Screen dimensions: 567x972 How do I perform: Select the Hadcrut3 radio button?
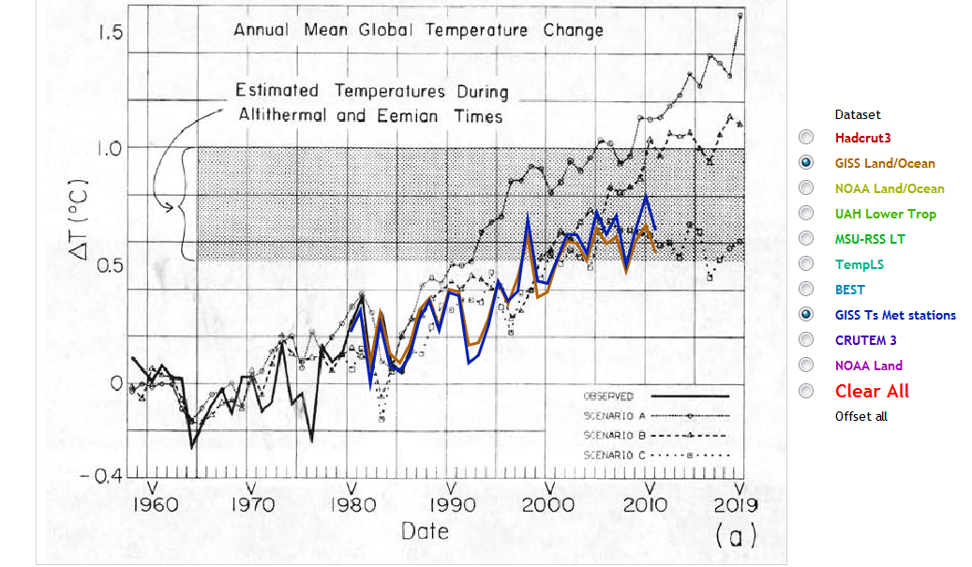point(806,137)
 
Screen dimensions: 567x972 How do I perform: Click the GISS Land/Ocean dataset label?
point(885,163)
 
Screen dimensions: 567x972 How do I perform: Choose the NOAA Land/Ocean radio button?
point(806,187)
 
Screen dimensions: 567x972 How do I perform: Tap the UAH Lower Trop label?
point(885,214)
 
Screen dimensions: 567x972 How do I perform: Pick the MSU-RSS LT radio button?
point(806,238)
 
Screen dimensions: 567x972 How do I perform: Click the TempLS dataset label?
point(859,264)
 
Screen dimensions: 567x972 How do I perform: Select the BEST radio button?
point(806,289)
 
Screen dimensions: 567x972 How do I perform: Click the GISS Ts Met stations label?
point(895,315)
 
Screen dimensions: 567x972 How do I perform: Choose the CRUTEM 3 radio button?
point(806,339)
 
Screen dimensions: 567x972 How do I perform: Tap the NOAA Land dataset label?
point(868,366)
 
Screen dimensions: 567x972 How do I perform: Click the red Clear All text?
point(872,391)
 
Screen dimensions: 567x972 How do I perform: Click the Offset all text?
point(860,416)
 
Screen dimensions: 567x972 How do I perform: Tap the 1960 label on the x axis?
point(154,507)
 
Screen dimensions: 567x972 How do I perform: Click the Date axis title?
point(425,530)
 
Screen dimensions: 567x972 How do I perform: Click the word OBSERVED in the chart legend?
point(608,395)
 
